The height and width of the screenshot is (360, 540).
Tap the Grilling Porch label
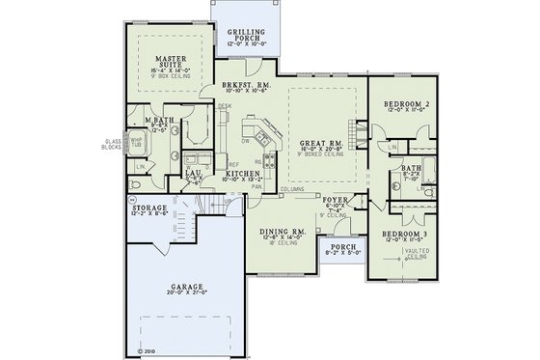pos(247,34)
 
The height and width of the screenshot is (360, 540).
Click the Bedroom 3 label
pos(405,235)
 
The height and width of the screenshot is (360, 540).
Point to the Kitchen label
pos(244,173)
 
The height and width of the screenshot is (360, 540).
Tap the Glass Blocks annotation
pos(112,145)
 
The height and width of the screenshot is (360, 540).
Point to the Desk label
pos(225,106)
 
